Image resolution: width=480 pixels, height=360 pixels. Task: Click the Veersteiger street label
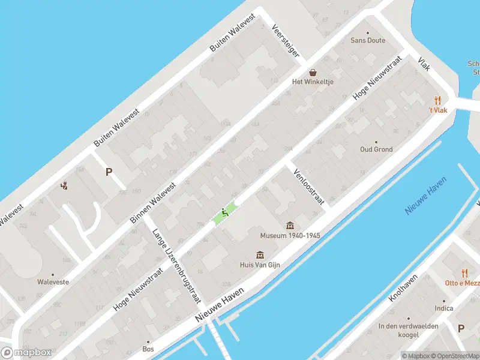tap(286, 41)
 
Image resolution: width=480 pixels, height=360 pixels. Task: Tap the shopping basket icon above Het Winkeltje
tap(313, 73)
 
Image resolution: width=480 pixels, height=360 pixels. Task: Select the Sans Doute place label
tap(368, 40)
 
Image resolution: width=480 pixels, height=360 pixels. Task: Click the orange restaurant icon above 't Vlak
tap(438, 101)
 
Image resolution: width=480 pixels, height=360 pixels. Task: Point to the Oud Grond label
tap(376, 149)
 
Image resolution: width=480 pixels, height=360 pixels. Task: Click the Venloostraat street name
tap(308, 187)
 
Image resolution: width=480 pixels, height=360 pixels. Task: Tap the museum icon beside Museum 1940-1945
tap(290, 225)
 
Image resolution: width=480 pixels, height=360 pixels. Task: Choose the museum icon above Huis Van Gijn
tap(260, 254)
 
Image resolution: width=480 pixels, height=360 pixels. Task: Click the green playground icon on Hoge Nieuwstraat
tap(224, 212)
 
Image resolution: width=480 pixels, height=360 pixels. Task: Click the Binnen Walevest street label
tap(154, 203)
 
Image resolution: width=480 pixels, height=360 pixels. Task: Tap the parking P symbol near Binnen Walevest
tap(109, 172)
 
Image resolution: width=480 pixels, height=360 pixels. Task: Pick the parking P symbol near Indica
tap(461, 328)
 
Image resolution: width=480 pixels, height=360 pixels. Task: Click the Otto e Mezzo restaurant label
tap(462, 283)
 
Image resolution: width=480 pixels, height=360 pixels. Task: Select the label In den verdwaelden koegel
tap(408, 330)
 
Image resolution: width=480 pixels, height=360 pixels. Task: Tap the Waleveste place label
tap(53, 281)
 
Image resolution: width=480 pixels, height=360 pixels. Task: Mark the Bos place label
tap(148, 349)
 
